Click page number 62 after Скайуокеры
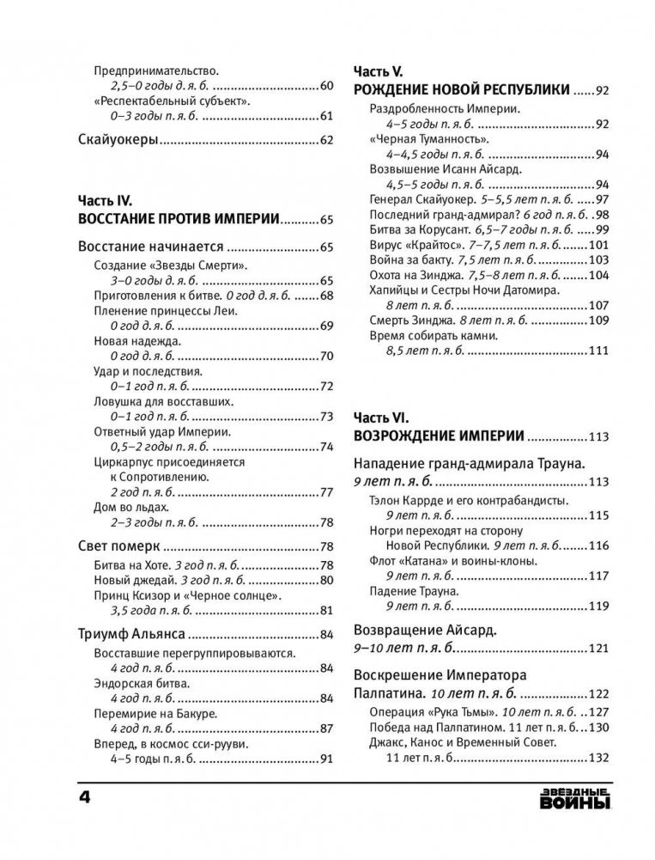click(325, 140)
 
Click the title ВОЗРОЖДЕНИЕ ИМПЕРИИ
click(438, 436)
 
